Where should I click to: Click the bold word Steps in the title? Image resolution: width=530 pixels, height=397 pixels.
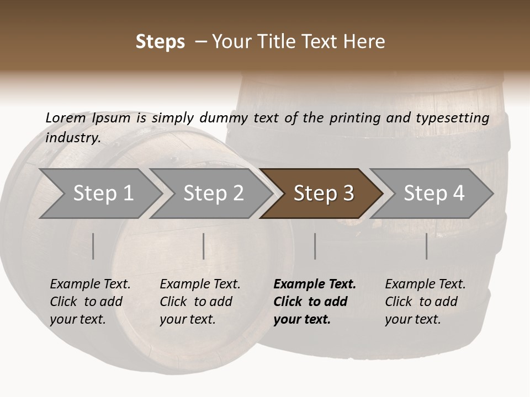[160, 42]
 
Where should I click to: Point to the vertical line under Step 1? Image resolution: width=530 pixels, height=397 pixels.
[93, 246]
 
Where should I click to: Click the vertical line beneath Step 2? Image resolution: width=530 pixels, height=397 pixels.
[204, 246]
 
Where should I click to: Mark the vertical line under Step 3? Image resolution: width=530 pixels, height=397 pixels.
[315, 246]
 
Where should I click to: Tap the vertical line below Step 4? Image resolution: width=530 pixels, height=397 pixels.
[427, 246]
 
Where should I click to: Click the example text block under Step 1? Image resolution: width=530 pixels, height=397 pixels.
[90, 302]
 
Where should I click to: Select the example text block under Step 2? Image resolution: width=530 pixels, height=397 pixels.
[200, 302]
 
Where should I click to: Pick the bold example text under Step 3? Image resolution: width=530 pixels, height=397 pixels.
[315, 302]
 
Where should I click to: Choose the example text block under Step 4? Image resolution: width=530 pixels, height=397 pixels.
[425, 302]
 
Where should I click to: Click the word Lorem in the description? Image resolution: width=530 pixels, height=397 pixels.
[65, 118]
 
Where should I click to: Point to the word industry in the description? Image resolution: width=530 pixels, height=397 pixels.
[73, 138]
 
